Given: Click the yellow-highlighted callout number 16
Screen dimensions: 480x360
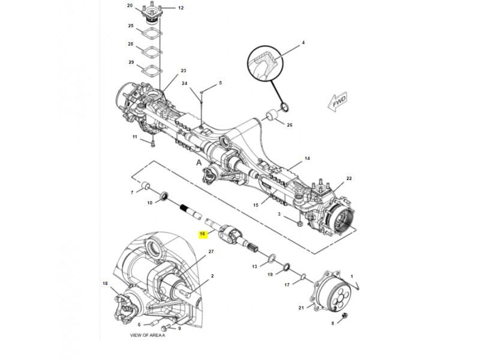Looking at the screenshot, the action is (x=202, y=234).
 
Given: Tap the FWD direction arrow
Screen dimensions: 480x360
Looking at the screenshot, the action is (x=337, y=101).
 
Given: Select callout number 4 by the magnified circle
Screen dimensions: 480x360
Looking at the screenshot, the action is (x=303, y=43).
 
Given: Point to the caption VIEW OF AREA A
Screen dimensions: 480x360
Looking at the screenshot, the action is (x=148, y=335).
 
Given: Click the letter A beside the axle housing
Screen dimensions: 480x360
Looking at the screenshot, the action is (x=199, y=163).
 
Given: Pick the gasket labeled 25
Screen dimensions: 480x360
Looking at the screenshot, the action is (x=152, y=33).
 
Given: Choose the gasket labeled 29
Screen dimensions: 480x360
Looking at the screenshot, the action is (x=152, y=70).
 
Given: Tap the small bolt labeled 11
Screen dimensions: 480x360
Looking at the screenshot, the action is (x=153, y=143).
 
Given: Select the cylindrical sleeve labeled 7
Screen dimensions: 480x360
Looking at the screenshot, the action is (x=145, y=185).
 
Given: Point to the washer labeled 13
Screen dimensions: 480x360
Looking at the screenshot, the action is (x=272, y=259).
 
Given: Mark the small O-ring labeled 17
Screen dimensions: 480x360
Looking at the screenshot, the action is (x=302, y=277).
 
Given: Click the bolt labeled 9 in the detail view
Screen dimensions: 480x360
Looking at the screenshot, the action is (x=166, y=328).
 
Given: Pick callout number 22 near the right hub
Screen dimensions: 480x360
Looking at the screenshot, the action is (x=349, y=178).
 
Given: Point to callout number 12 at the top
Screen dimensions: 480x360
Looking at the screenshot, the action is (x=181, y=8).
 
